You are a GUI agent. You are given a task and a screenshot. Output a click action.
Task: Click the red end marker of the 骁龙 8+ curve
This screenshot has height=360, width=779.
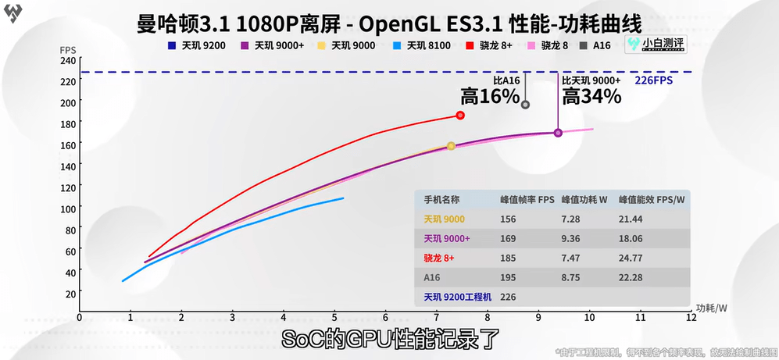(x=460, y=116)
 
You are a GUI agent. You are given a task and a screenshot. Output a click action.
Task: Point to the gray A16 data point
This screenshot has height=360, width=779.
(x=525, y=104)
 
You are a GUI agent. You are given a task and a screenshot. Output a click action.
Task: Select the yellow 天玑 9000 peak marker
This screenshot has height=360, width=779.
(x=451, y=146)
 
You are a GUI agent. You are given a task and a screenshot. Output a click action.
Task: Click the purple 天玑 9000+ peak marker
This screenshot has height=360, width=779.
(x=558, y=133)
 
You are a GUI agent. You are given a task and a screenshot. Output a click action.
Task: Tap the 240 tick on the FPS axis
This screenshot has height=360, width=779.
(x=68, y=60)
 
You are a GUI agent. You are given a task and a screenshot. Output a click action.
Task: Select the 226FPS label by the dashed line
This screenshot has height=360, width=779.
(x=654, y=80)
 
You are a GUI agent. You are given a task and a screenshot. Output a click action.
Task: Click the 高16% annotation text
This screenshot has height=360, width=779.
(x=490, y=97)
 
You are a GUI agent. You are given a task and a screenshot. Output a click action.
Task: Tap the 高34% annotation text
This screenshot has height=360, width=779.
(x=591, y=97)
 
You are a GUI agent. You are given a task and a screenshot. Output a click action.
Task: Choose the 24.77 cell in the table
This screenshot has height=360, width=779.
(x=629, y=258)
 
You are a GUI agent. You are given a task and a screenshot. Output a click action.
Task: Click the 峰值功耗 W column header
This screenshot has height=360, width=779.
(x=582, y=200)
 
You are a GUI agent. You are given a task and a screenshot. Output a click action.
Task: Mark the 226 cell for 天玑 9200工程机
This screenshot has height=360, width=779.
(x=508, y=297)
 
